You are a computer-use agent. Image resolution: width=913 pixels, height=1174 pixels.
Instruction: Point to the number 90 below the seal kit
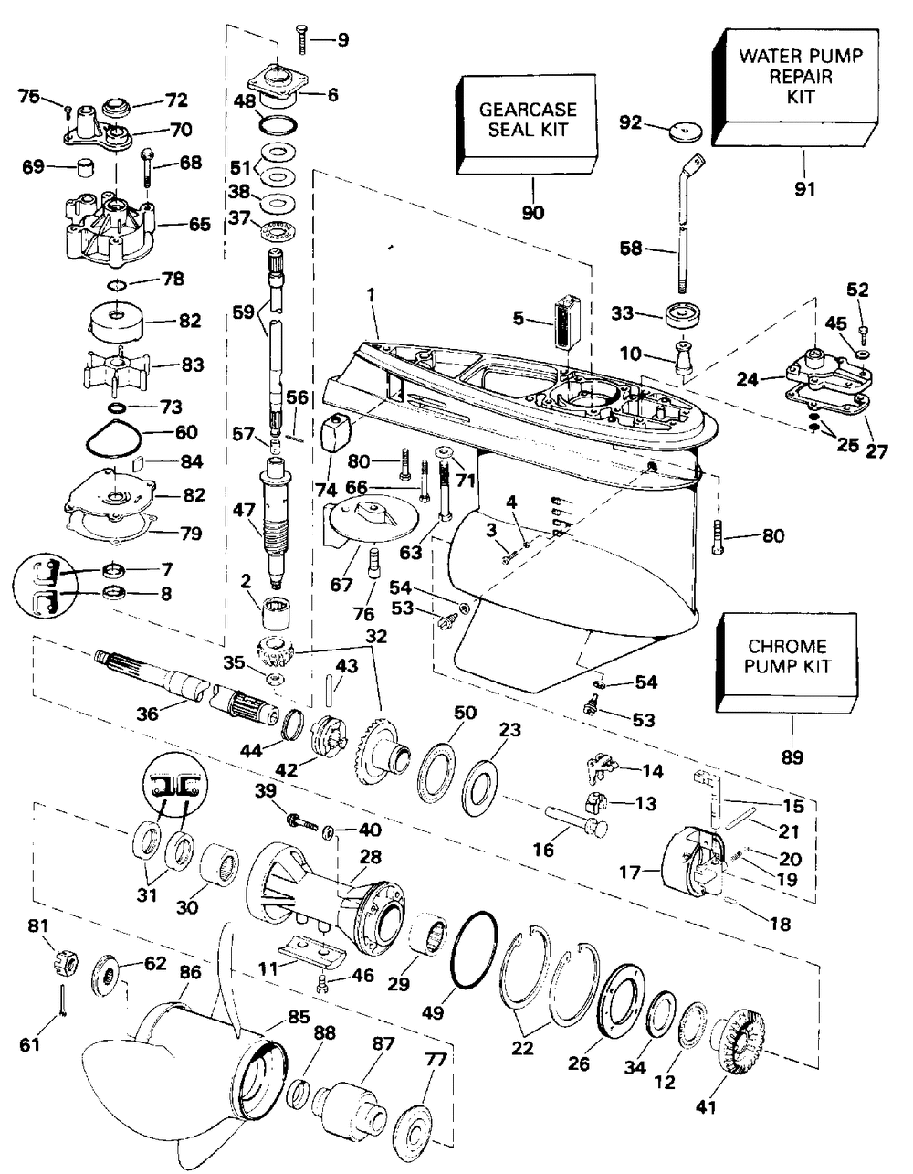click(x=532, y=213)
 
